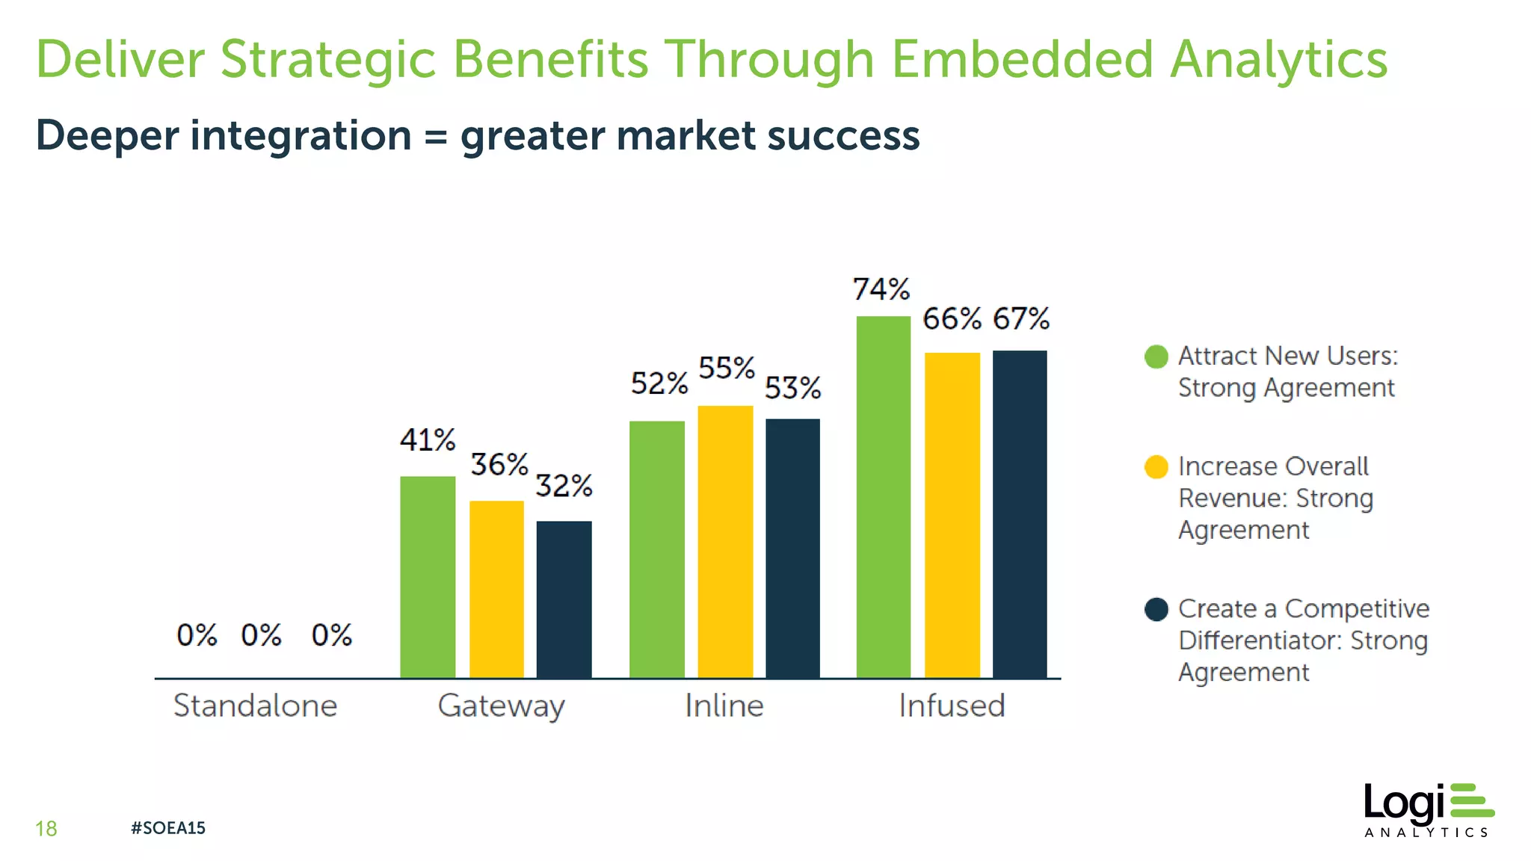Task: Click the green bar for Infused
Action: point(883,497)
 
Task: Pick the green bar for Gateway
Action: point(428,577)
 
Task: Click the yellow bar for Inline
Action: point(725,542)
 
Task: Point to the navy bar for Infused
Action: point(1020,514)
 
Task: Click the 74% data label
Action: point(881,289)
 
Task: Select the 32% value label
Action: point(564,486)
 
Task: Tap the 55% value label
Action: point(726,368)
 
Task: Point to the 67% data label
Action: point(1020,318)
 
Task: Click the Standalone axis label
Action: point(255,706)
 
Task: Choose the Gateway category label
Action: point(501,706)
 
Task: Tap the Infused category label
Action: point(952,706)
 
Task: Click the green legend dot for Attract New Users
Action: point(1156,357)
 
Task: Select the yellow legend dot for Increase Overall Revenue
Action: point(1156,467)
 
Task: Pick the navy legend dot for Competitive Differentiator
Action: point(1156,609)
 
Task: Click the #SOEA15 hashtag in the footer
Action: point(167,827)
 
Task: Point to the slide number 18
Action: point(46,828)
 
